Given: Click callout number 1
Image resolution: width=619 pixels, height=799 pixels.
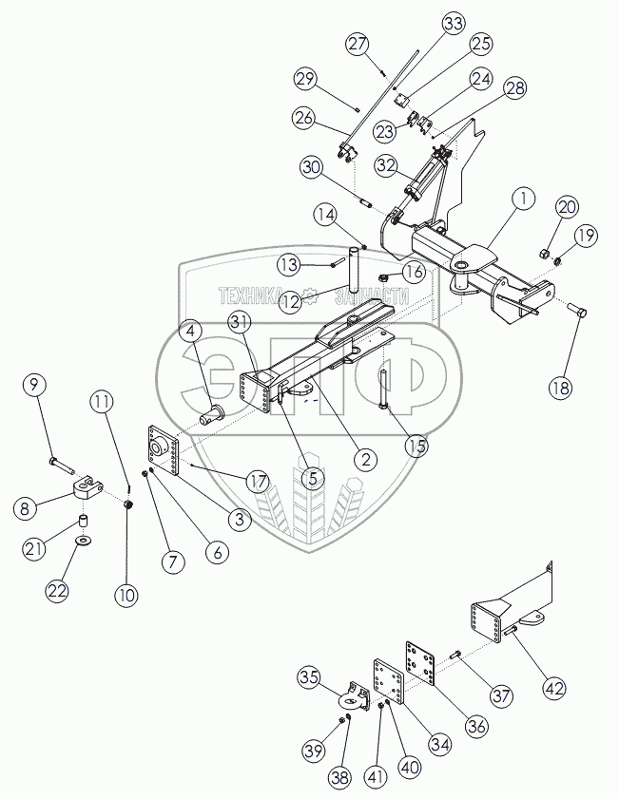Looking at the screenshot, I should point(522,200).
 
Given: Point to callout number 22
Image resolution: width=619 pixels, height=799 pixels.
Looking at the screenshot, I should point(59,590).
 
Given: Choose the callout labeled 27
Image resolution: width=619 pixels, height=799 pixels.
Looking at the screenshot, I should point(357,45).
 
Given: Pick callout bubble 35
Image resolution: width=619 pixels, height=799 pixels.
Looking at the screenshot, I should point(309,678).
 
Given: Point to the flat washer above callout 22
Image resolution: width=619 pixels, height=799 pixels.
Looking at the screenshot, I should point(84,542).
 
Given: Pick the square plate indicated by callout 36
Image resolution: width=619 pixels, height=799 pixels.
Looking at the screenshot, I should point(422,661).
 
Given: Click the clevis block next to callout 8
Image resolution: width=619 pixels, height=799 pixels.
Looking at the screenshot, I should point(87,490).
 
